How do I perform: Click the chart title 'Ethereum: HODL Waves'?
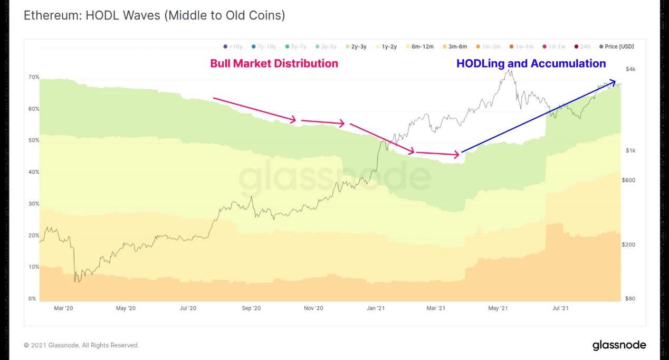pos(154,15)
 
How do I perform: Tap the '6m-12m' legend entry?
pos(419,46)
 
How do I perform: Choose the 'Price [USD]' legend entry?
pos(616,46)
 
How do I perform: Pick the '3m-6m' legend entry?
pos(454,46)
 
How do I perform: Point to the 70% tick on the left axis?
pos(34,77)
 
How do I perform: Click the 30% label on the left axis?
pos(34,204)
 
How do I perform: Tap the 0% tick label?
pos(33,299)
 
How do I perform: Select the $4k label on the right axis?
pos(630,69)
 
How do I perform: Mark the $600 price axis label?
pos(628,180)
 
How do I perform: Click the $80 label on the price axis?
pos(630,299)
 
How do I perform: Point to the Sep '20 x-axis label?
pos(251,308)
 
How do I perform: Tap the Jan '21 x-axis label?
pos(375,308)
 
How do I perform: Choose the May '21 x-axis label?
pos(498,308)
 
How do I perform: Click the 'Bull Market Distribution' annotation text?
pos(274,63)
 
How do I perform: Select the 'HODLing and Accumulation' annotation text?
pos(531,63)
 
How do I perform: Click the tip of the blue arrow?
pos(615,81)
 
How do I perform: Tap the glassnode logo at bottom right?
pos(619,345)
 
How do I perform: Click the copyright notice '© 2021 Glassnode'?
pos(81,345)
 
